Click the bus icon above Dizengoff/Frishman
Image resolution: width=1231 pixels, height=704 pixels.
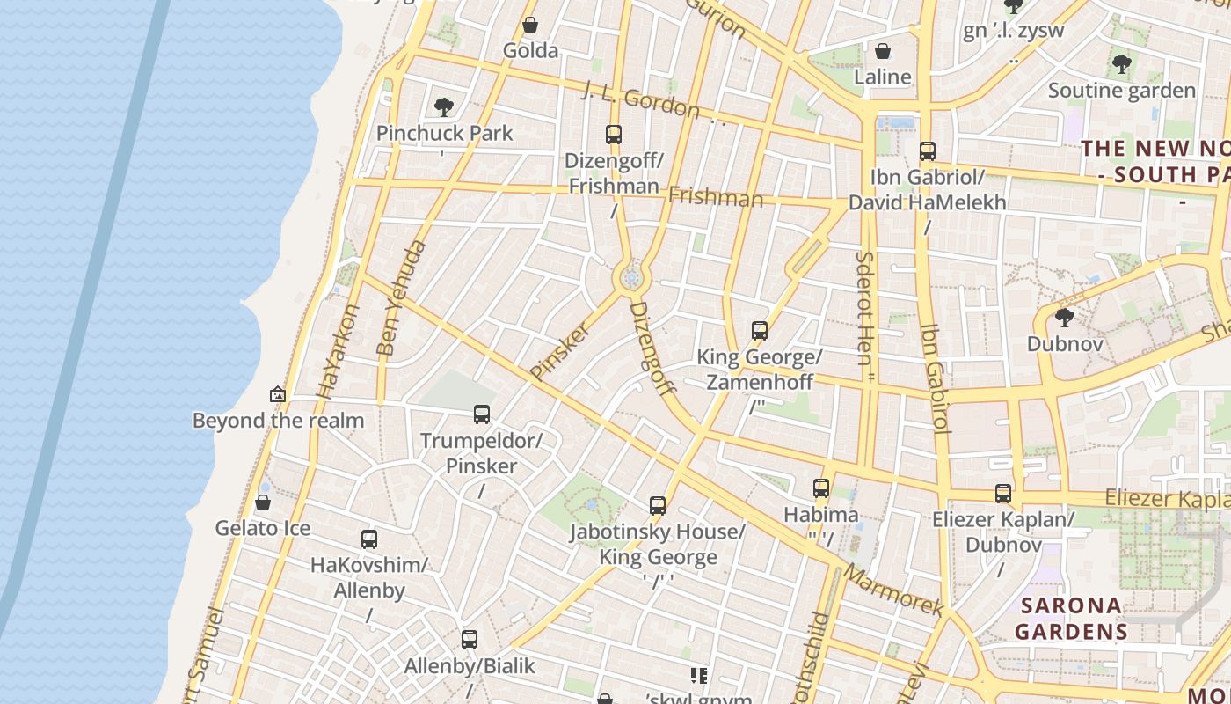pyautogui.click(x=614, y=135)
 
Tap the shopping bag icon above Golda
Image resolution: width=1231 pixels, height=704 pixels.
pyautogui.click(x=530, y=25)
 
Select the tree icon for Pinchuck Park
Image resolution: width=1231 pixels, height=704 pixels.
pyautogui.click(x=444, y=107)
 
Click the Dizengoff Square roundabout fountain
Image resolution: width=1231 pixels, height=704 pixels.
pyautogui.click(x=630, y=279)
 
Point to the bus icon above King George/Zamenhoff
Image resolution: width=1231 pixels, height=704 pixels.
pyautogui.click(x=760, y=331)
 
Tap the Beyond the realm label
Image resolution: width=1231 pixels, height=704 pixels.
pyautogui.click(x=278, y=421)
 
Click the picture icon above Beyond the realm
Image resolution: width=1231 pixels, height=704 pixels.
pyautogui.click(x=278, y=394)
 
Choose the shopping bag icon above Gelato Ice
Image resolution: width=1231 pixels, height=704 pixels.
pyautogui.click(x=262, y=502)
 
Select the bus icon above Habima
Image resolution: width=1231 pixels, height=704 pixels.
pyautogui.click(x=820, y=488)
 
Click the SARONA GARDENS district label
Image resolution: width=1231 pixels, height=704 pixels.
pyautogui.click(x=1071, y=619)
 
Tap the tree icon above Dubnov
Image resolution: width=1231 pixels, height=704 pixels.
pyautogui.click(x=1064, y=318)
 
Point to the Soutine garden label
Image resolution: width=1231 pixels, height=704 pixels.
pyautogui.click(x=1121, y=91)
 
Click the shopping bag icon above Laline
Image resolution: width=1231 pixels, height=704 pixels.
pyautogui.click(x=882, y=51)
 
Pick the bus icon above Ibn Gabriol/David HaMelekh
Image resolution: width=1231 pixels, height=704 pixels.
pyautogui.click(x=927, y=151)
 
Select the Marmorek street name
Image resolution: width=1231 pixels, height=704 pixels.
pyautogui.click(x=893, y=590)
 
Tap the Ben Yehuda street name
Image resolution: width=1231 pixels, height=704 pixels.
pyautogui.click(x=400, y=298)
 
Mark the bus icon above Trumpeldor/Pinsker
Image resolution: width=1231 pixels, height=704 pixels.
pyautogui.click(x=481, y=414)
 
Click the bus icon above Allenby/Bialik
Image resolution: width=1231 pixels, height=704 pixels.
pyautogui.click(x=470, y=640)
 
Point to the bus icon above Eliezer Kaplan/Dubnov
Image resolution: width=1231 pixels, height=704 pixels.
pyautogui.click(x=1003, y=494)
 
